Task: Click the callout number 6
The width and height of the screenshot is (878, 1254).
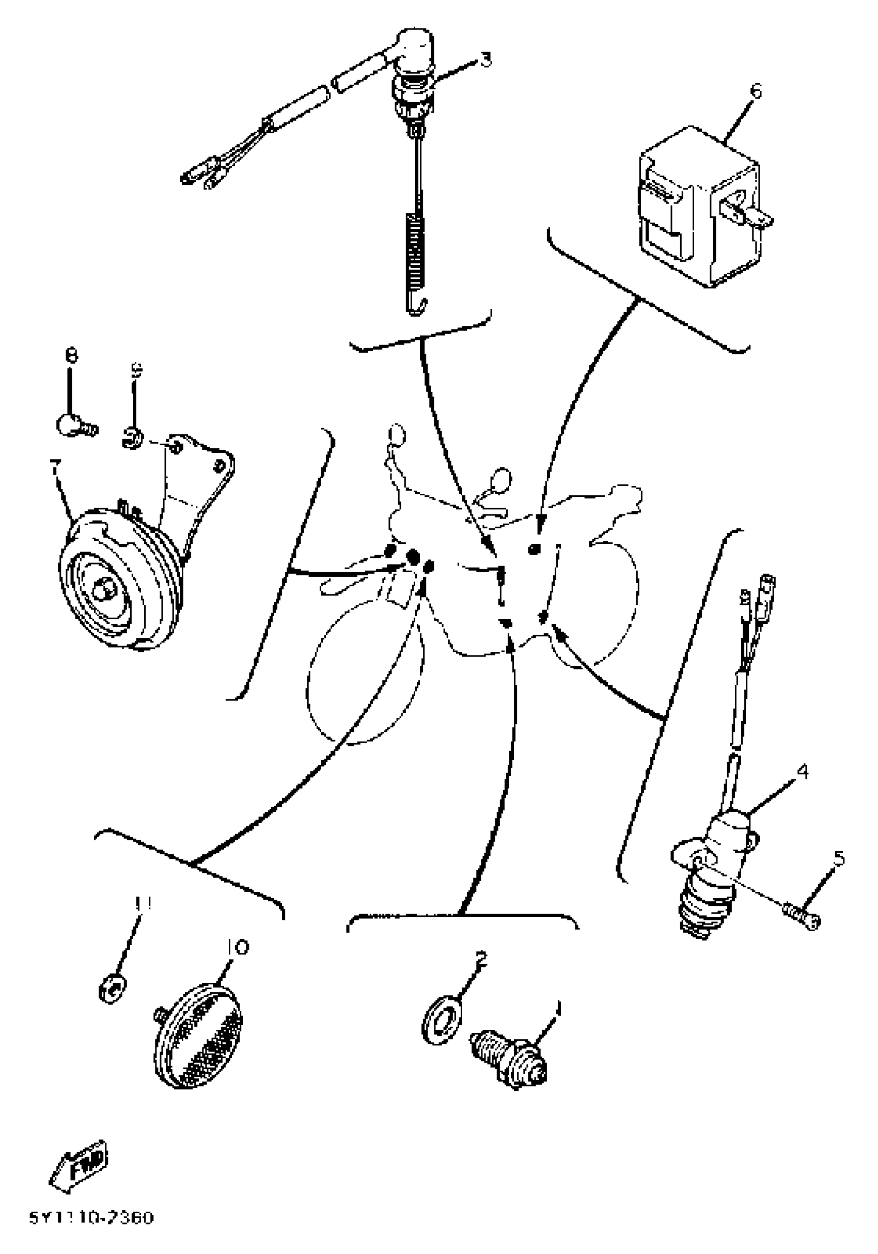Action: [x=756, y=91]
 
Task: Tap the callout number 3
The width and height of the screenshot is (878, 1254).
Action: [x=485, y=59]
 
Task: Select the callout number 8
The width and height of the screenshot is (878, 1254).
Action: [x=71, y=356]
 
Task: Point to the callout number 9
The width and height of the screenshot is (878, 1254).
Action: [x=136, y=371]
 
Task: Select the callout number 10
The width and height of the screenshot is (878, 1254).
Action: [x=236, y=947]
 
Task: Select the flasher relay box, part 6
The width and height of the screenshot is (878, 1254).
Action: [x=699, y=208]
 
